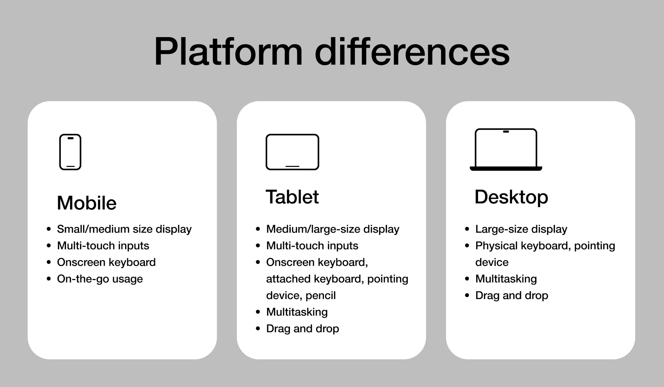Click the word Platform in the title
click(228, 51)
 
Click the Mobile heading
click(87, 203)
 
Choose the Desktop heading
click(511, 197)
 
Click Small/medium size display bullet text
click(124, 229)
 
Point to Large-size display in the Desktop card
click(521, 229)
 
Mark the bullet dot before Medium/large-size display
click(258, 229)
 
